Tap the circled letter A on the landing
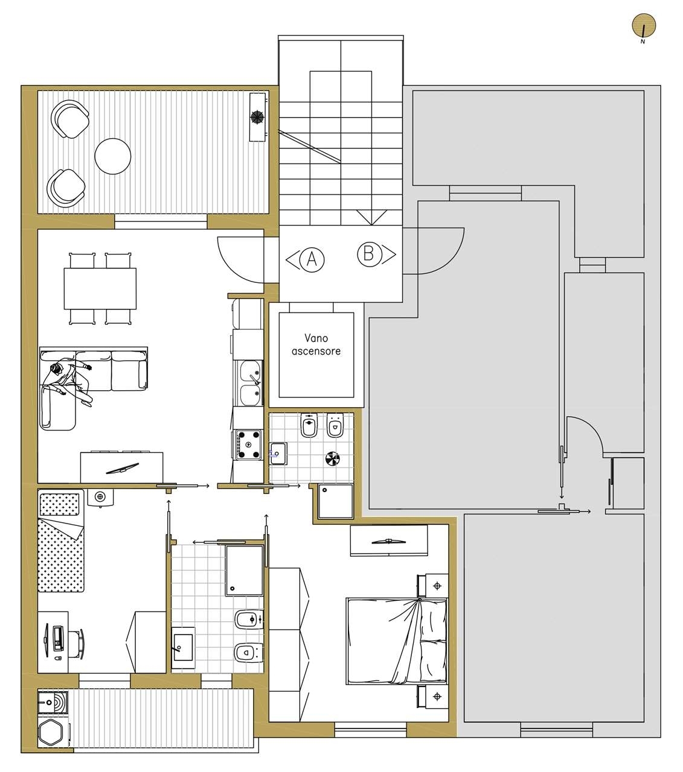coord(312,259)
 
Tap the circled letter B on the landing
coord(368,254)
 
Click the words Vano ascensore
coord(316,344)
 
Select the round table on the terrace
coord(112,156)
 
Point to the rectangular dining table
coord(100,288)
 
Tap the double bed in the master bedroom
coord(397,641)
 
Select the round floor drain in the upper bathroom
coord(333,459)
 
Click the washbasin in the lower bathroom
coord(183,648)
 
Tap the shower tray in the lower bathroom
coord(244,570)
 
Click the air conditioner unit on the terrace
coord(258,117)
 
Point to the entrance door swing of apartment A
coord(240,260)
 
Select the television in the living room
coord(122,468)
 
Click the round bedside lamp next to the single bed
coord(100,496)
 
